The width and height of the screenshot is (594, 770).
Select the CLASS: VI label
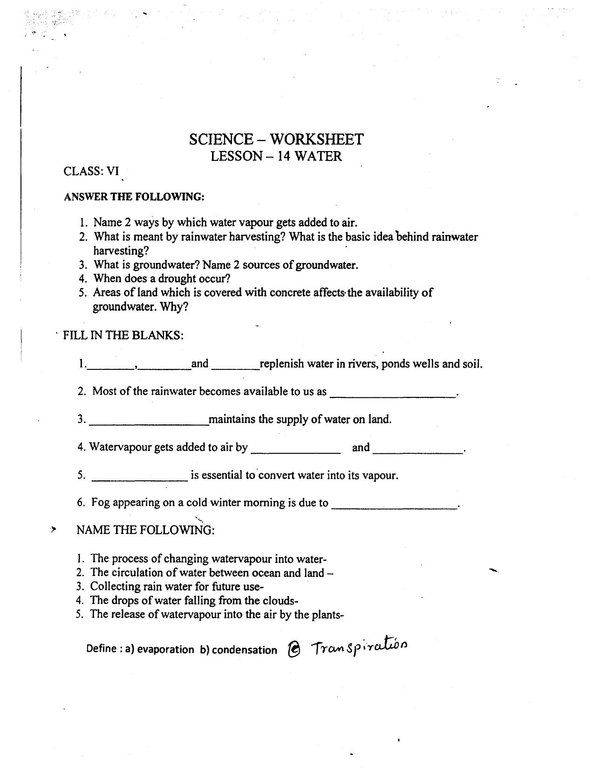[x=91, y=171]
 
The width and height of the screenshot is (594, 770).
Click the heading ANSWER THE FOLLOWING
[x=134, y=197]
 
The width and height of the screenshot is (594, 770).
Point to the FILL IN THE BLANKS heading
[x=123, y=335]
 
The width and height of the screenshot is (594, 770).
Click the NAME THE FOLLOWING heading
[x=145, y=530]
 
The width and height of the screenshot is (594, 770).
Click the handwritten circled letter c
[x=294, y=650]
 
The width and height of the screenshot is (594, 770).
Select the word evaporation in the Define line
[x=165, y=650]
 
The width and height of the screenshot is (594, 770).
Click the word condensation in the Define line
[x=244, y=650]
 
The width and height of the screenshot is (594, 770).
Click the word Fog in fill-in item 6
[x=100, y=503]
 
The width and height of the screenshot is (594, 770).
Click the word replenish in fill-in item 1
[x=281, y=364]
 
